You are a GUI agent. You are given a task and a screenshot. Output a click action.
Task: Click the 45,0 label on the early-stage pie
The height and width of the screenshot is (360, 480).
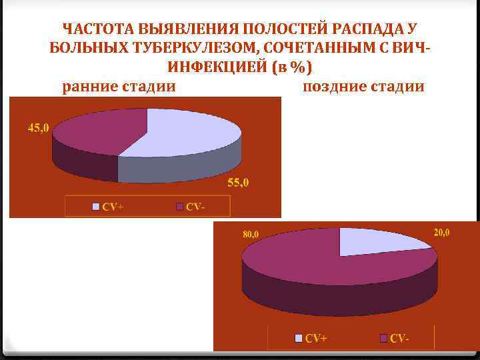[x=38, y=129]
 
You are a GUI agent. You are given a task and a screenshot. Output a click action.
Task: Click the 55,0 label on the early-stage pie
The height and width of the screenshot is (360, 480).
[x=238, y=183]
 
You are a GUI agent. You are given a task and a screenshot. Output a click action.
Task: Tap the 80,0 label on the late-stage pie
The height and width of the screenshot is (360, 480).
[x=251, y=234]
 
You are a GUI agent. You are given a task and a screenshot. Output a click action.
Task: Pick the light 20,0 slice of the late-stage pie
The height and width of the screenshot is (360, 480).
[x=377, y=241]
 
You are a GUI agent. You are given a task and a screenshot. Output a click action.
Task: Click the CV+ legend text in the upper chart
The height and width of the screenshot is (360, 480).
[x=113, y=207]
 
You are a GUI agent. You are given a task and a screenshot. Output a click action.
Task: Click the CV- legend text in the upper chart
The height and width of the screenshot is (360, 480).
[x=195, y=207]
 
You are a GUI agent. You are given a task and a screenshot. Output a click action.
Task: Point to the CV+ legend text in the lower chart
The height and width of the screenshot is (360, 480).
[x=316, y=339]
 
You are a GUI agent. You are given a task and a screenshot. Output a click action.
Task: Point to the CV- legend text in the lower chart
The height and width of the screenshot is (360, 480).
[x=399, y=339]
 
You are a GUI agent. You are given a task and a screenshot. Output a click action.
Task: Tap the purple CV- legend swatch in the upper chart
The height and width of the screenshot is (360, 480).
[x=179, y=207]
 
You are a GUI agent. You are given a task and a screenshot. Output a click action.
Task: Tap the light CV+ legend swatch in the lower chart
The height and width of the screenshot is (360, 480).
[x=299, y=339]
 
